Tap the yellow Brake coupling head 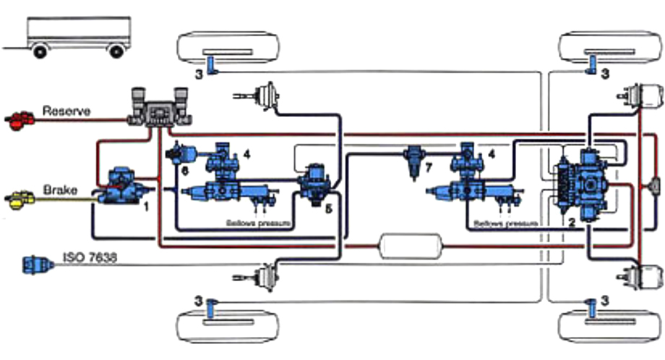(20, 197)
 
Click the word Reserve (66, 111)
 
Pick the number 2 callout (571, 223)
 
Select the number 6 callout (185, 171)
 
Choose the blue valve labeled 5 (315, 184)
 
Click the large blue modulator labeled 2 (585, 184)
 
